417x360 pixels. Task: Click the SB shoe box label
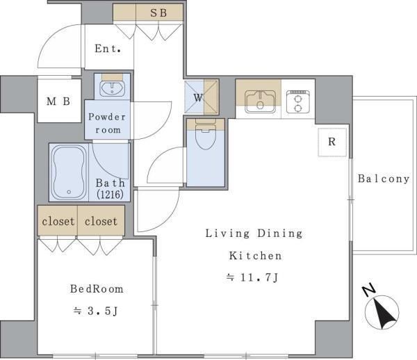pyautogui.click(x=158, y=13)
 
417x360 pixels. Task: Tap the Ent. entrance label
pyautogui.click(x=108, y=49)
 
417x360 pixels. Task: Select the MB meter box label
pyautogui.click(x=58, y=101)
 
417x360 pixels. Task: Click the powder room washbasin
pyautogui.click(x=112, y=88)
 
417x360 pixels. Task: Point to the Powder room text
pyautogui.click(x=107, y=124)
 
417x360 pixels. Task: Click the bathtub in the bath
pyautogui.click(x=69, y=172)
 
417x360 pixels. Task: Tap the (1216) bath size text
pyautogui.click(x=110, y=195)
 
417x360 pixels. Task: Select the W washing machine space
pyautogui.click(x=202, y=97)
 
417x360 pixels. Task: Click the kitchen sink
pyautogui.click(x=260, y=101)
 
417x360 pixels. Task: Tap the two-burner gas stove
pyautogui.click(x=298, y=101)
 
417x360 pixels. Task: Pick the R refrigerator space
pyautogui.click(x=332, y=142)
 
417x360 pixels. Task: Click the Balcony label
pyautogui.click(x=384, y=179)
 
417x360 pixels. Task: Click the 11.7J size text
pyautogui.click(x=252, y=278)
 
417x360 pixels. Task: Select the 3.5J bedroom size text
pyautogui.click(x=95, y=311)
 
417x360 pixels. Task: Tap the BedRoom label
pyautogui.click(x=97, y=289)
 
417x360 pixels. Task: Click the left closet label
pyautogui.click(x=58, y=222)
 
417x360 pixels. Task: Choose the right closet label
pyautogui.click(x=101, y=222)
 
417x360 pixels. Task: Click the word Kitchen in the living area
pyautogui.click(x=255, y=256)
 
